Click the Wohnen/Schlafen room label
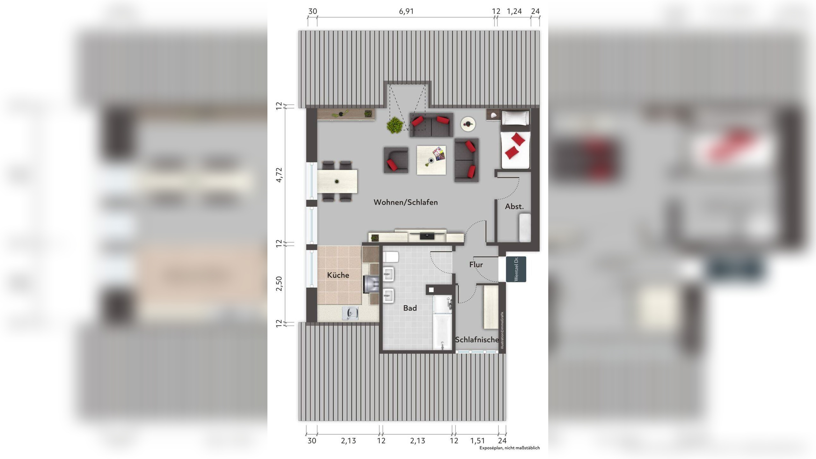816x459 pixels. pos(405,202)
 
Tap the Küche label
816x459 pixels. pos(338,275)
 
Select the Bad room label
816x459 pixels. pos(410,308)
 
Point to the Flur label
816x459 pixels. pos(476,265)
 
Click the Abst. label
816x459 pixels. pos(514,207)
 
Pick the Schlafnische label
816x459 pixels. pos(477,339)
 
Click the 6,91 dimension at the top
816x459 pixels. pos(406,11)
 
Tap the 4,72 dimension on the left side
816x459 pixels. pos(279,175)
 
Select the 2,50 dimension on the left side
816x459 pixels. pos(279,283)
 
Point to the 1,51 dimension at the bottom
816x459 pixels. pos(477,441)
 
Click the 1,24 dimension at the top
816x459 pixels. pos(514,11)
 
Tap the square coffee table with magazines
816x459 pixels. pos(431,160)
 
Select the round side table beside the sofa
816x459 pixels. pos(468,124)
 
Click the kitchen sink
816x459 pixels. pos(350,313)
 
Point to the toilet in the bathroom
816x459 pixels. pos(390,257)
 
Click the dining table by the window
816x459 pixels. pos(337,181)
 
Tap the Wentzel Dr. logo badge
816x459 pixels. pos(516,269)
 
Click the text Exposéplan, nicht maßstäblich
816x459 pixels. pos(509,448)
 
